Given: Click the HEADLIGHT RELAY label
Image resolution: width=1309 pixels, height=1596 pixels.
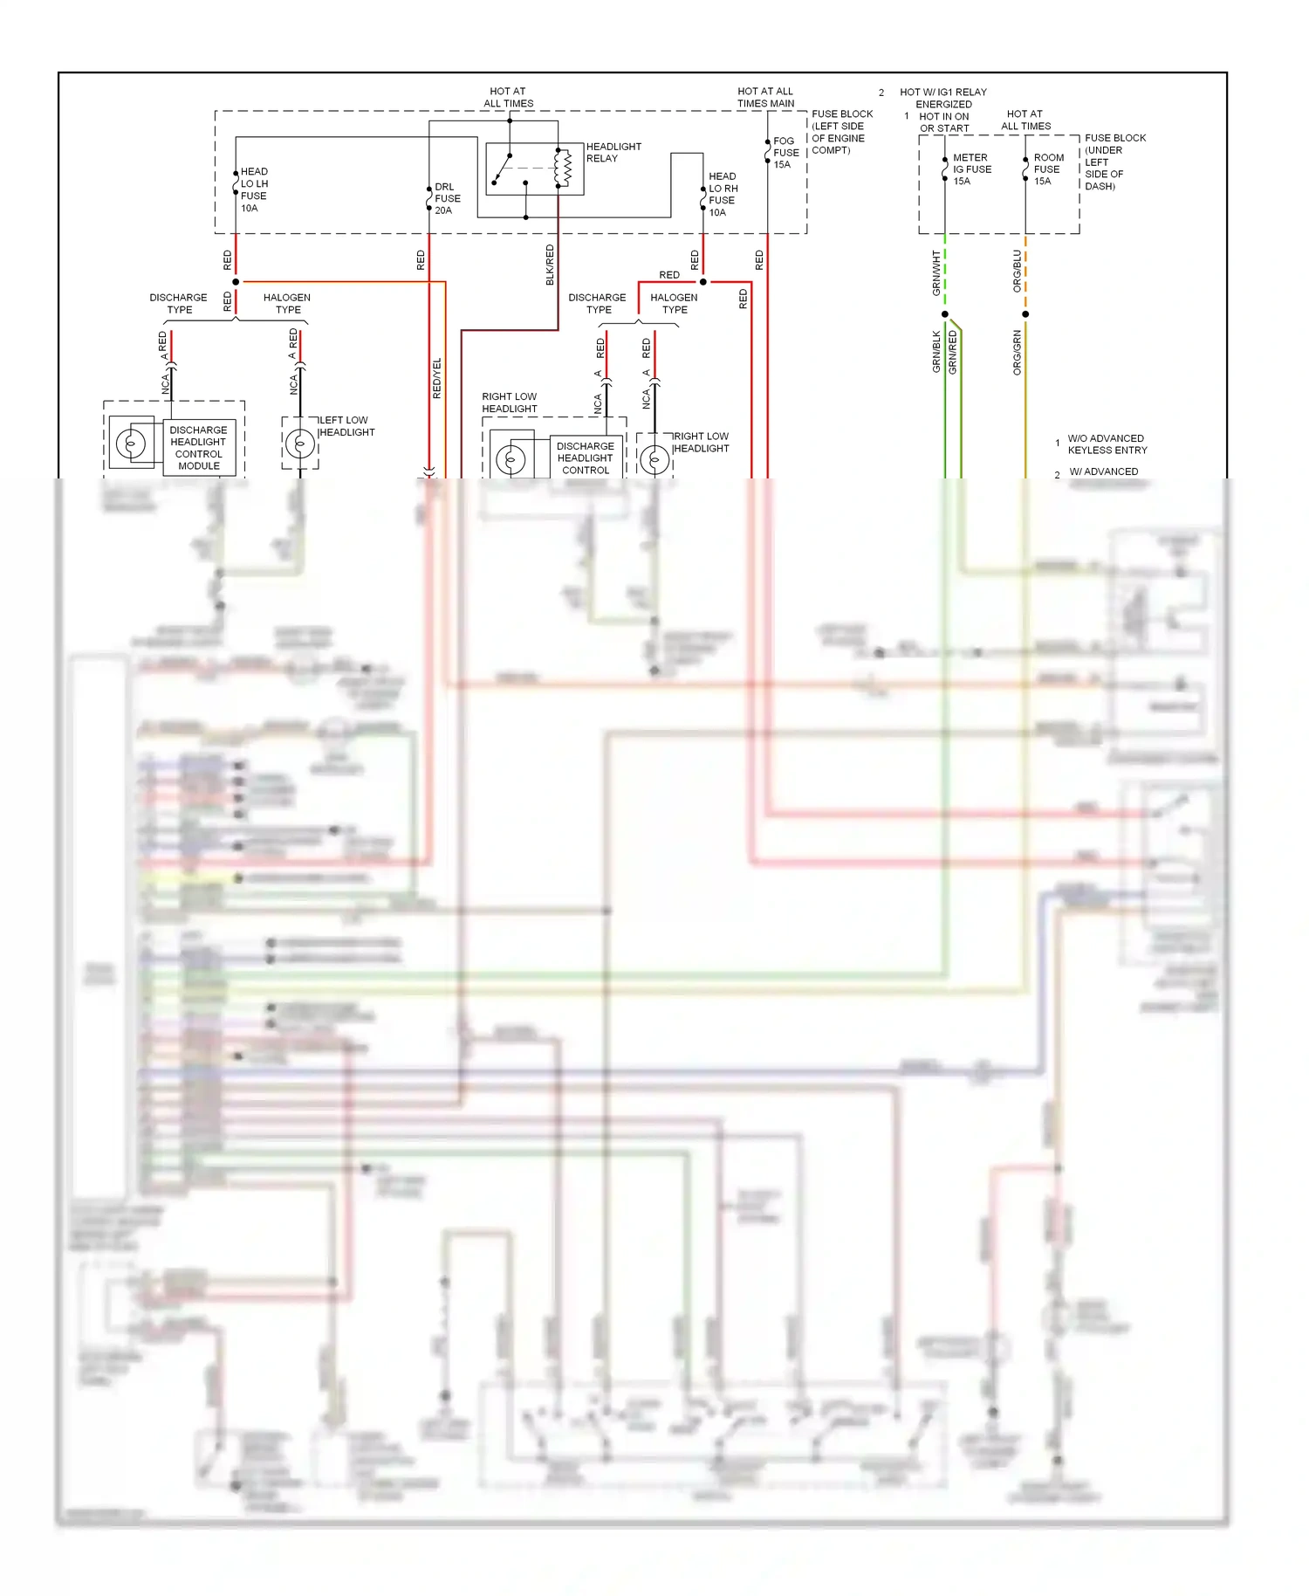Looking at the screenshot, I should [613, 152].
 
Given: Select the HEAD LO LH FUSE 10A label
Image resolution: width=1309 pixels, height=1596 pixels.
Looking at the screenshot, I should [254, 189].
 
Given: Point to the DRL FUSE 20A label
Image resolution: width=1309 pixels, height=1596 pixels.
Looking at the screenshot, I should [447, 198].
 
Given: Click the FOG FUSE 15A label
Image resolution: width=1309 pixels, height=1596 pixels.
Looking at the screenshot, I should [785, 152].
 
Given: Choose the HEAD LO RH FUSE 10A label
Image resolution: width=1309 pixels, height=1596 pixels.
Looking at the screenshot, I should [723, 194].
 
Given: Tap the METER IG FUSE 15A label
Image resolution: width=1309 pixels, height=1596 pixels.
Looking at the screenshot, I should [971, 169].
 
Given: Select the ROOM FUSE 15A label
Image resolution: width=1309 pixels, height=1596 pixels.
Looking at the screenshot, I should [1048, 169].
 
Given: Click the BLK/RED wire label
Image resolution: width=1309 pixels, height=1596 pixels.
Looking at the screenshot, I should [550, 264].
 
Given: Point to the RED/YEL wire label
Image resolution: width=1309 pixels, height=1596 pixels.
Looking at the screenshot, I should [437, 378].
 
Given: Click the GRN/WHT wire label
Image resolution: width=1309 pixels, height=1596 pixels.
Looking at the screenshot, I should [936, 272].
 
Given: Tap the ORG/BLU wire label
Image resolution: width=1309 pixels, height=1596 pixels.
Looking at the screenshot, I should [1017, 271].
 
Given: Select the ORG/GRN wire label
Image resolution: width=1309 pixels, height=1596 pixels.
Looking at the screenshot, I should [1017, 353].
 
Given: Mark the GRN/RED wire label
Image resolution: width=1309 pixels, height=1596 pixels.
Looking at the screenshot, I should [953, 353].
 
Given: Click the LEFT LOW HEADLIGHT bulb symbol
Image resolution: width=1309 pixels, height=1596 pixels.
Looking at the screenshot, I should [300, 444].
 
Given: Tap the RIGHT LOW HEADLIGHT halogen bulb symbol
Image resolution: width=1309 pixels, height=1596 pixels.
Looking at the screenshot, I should [654, 459].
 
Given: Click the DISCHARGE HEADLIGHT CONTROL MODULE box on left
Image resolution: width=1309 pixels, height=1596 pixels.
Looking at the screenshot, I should [198, 448].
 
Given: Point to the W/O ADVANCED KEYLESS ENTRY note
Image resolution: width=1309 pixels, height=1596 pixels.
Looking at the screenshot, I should [1107, 444].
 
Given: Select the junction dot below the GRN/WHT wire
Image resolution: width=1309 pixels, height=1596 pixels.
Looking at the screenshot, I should [945, 314].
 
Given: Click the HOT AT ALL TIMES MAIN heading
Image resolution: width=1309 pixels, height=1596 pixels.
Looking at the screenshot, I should [765, 97].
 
